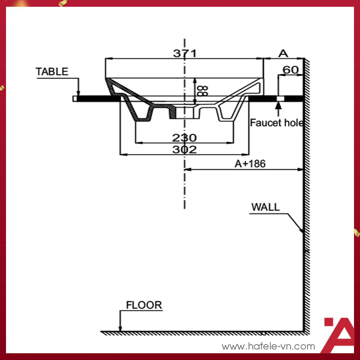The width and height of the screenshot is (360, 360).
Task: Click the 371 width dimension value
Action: click(184, 53)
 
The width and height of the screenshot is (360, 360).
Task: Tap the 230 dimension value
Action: click(184, 138)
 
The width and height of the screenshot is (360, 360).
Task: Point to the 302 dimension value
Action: click(184, 150)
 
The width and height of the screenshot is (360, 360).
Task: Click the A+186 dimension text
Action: click(250, 163)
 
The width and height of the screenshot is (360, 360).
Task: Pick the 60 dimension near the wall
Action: click(291, 70)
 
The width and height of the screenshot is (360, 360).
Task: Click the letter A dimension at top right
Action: click(283, 54)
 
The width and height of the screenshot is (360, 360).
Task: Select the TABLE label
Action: click(52, 72)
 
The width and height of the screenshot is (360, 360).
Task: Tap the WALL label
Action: click(265, 207)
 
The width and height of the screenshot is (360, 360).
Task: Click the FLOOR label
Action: click(144, 305)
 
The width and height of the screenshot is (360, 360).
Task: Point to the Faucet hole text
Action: click(277, 123)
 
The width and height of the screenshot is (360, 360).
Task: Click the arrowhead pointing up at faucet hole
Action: click(278, 105)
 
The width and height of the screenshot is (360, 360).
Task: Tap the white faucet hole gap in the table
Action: click(280, 98)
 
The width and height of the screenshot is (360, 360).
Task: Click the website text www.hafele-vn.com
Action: click(268, 346)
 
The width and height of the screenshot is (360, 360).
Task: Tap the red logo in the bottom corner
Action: click(338, 335)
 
